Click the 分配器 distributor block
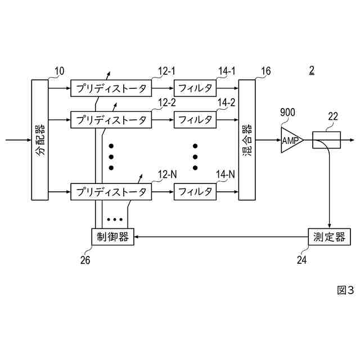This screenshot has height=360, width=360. [x=40, y=140]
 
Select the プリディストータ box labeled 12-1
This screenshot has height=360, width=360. [x=111, y=88]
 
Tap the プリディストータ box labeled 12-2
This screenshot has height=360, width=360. [x=111, y=120]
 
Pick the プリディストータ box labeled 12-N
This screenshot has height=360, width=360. [x=111, y=192]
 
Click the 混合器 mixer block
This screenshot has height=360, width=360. [x=247, y=140]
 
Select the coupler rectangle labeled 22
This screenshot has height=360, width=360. [x=326, y=140]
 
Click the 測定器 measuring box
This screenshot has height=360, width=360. [x=329, y=237]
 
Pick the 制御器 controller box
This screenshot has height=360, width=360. [x=112, y=237]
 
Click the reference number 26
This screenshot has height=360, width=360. [x=84, y=260]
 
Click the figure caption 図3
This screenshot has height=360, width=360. [x=345, y=290]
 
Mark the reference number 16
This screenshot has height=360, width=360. [x=265, y=71]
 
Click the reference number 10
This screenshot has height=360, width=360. [x=59, y=71]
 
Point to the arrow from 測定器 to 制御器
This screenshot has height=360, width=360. [x=219, y=237]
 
